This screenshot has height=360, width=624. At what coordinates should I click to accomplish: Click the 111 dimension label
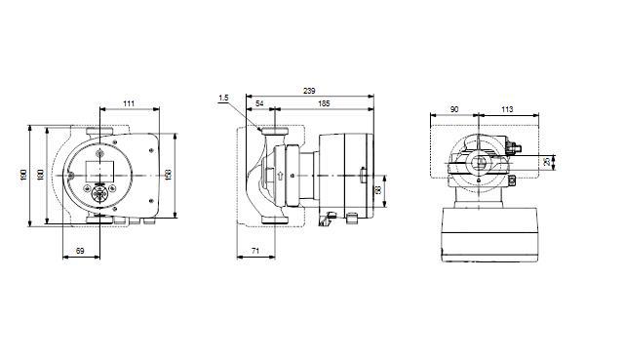[x=129, y=102]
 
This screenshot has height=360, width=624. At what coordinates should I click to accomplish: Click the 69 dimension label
[x=81, y=253]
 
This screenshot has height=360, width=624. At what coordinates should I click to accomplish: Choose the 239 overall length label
[x=308, y=90]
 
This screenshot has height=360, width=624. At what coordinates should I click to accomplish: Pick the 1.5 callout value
[x=224, y=98]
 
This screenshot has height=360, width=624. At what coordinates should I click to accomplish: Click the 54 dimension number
[x=259, y=102]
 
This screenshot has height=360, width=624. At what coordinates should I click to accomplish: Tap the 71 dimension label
[x=254, y=253]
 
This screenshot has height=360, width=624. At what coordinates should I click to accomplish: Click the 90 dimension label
[x=455, y=109]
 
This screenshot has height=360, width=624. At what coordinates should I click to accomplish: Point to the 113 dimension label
[x=506, y=109]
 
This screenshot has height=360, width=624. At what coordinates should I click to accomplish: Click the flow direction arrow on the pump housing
[x=281, y=178]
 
